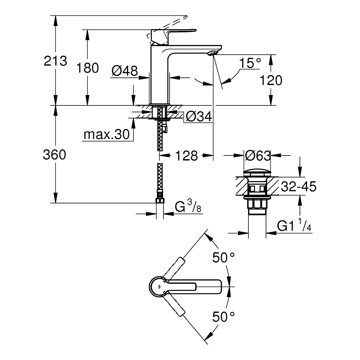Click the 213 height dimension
click(55, 61)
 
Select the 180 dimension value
click(87, 68)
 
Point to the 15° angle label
click(250, 63)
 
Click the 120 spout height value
click(271, 80)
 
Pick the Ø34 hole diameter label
click(199, 117)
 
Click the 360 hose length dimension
click(54, 154)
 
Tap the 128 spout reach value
click(186, 156)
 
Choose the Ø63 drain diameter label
click(258, 156)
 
